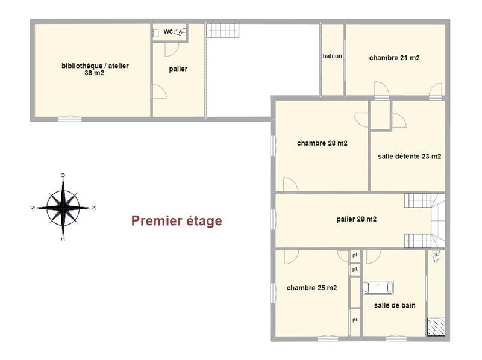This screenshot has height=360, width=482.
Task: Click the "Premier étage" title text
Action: [x=177, y=221]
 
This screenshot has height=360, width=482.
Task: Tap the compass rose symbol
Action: [x=63, y=207]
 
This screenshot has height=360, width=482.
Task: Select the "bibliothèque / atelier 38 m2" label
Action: [x=95, y=69]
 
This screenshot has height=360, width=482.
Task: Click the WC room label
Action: [x=168, y=31]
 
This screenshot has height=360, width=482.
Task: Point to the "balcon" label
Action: [x=332, y=56]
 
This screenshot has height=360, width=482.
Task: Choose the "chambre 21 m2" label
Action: [x=394, y=58]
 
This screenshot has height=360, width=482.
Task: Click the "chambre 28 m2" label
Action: [x=322, y=143]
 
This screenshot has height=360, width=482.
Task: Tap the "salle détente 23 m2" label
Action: [x=409, y=156]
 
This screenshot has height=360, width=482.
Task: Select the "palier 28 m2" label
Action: [x=356, y=219]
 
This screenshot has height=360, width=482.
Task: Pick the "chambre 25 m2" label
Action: [x=311, y=288]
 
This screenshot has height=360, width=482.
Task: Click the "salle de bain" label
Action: [x=394, y=305]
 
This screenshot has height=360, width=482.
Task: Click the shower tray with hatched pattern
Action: [x=437, y=326]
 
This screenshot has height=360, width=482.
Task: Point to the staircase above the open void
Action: [x=224, y=30]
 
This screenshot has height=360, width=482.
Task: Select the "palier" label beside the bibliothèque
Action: [x=178, y=69]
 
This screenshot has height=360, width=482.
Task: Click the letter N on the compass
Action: [x=93, y=208]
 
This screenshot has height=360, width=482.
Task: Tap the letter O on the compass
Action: [x=63, y=175]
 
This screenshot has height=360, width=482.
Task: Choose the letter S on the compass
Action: [x=32, y=208]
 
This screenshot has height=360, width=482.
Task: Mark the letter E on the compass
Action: [x=63, y=240]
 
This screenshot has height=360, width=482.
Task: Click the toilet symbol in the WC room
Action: [x=180, y=33]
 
